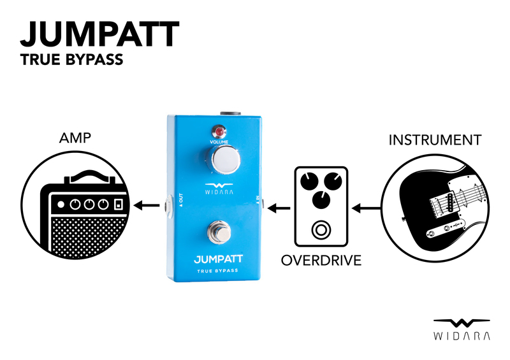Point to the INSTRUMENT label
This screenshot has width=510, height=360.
coord(434,140)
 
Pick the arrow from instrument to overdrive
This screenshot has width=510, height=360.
coord(367,207)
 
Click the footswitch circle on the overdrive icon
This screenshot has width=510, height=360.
coord(318,230)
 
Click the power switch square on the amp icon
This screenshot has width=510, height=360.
coord(119,205)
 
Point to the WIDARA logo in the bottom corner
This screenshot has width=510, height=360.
coord(462,329)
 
